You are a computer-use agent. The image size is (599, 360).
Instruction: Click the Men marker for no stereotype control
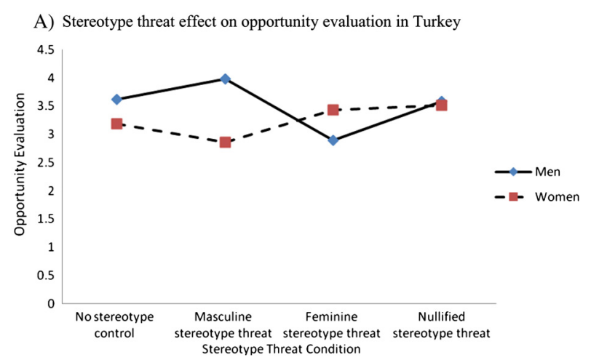click(116, 99)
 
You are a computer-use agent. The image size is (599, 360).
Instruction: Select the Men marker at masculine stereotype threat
click(225, 79)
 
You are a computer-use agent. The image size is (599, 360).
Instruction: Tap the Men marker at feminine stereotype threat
click(333, 140)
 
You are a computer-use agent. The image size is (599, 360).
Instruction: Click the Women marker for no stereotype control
click(116, 124)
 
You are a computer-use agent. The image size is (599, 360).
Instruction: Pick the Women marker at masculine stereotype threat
click(225, 142)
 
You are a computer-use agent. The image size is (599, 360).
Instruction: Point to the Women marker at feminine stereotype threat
click(333, 110)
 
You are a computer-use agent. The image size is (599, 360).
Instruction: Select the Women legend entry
click(557, 196)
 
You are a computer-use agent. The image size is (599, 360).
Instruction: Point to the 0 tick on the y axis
click(52, 303)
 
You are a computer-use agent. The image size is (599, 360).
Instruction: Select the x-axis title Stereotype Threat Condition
click(282, 348)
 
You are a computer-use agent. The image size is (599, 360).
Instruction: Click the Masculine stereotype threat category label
click(223, 325)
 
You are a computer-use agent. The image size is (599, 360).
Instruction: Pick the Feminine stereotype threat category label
click(331, 325)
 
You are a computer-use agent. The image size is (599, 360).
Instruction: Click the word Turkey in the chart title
click(437, 22)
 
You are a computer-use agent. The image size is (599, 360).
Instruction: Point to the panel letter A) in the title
click(44, 22)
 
